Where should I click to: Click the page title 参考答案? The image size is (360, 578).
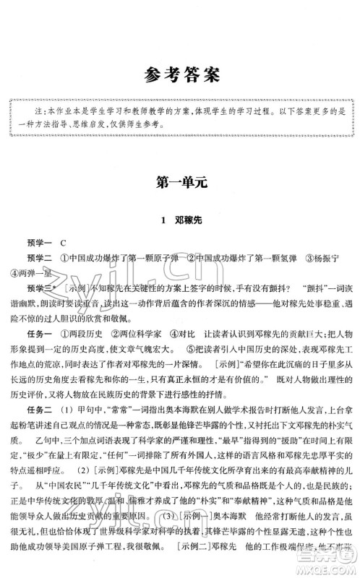pyautogui.click(x=180, y=74)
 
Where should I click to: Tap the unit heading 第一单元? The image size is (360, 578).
pyautogui.click(x=180, y=183)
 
